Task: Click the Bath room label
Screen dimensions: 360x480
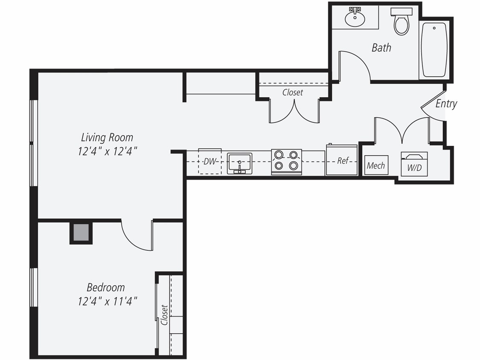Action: tap(381, 47)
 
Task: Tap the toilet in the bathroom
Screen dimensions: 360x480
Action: tap(401, 22)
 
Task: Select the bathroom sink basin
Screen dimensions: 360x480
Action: tap(355, 19)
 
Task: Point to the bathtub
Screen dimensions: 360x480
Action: tap(434, 49)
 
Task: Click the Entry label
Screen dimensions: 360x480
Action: tap(446, 104)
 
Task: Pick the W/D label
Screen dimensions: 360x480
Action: tap(414, 168)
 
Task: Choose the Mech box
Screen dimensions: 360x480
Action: tap(376, 165)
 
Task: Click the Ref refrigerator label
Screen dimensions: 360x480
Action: tap(343, 161)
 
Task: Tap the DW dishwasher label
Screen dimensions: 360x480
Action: tap(209, 161)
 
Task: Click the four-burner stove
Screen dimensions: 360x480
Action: tap(286, 161)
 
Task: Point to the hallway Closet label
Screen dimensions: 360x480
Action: tap(293, 92)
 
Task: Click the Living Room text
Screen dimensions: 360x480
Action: tap(107, 137)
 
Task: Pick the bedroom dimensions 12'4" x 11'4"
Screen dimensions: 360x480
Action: tap(107, 301)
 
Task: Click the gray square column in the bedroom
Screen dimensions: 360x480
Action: tap(81, 233)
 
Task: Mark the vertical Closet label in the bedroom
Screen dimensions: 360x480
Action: tap(164, 315)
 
